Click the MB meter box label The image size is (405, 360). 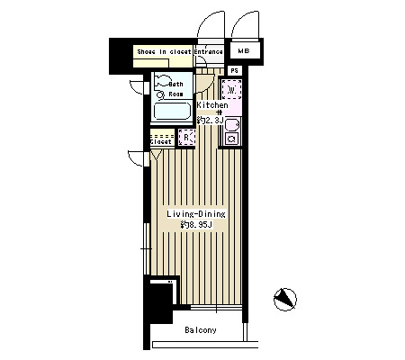[x=244, y=51]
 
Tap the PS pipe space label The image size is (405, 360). [x=235, y=71]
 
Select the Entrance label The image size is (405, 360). [x=209, y=51]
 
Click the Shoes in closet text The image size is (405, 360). [x=164, y=51]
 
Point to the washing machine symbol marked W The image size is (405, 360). [x=231, y=89]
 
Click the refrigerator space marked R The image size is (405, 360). [x=186, y=138]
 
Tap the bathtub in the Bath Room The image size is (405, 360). [x=172, y=112]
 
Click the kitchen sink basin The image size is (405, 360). [x=232, y=124]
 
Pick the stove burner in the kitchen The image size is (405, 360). [x=231, y=139]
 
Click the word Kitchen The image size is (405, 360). [x=212, y=105]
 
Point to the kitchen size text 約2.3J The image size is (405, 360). [x=210, y=121]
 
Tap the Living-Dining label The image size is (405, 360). [x=196, y=214]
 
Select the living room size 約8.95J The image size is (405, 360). [x=196, y=224]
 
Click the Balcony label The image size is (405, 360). [x=201, y=330]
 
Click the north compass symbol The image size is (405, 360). [x=284, y=300]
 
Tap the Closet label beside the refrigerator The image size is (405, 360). [x=161, y=141]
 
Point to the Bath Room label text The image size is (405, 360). [x=175, y=89]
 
